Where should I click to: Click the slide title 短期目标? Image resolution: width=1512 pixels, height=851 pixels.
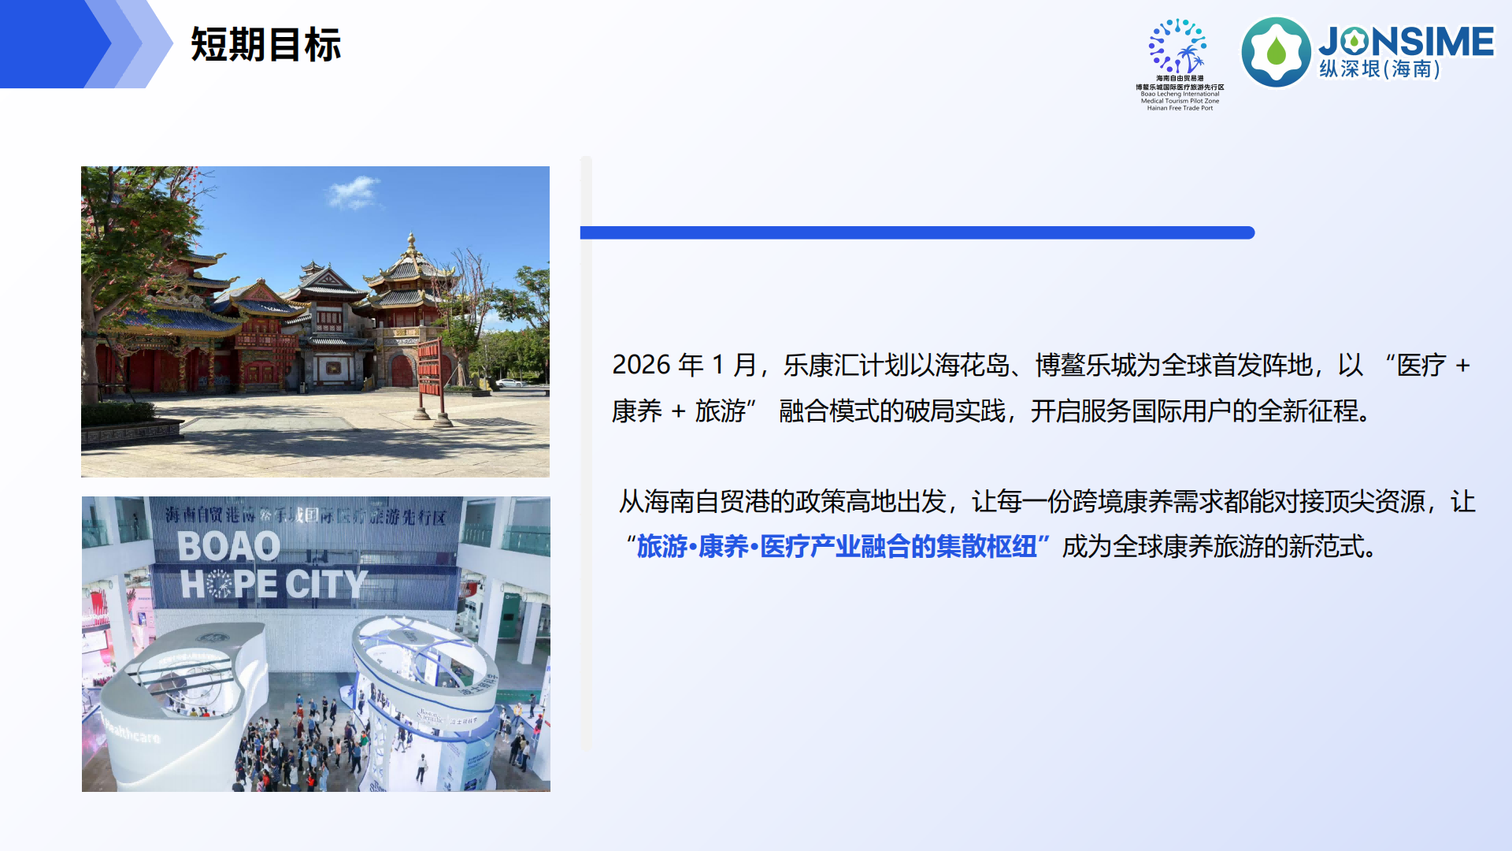[x=265, y=45]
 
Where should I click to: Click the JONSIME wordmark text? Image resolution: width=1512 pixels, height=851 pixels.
[x=1406, y=42]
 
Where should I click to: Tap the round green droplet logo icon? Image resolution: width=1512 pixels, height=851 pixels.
[x=1276, y=52]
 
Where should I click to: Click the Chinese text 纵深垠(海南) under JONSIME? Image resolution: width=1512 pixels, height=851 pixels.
[x=1380, y=69]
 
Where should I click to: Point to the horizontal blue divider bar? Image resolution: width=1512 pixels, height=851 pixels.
[x=917, y=232]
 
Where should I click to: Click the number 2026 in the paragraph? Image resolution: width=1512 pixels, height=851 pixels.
[x=641, y=365]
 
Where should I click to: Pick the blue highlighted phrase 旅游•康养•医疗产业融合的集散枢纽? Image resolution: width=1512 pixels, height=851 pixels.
[x=836, y=546]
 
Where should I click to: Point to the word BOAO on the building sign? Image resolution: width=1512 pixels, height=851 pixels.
[x=228, y=546]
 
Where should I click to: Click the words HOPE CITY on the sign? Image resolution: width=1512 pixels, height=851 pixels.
[x=274, y=584]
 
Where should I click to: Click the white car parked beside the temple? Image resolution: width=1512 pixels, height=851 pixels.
[x=510, y=383]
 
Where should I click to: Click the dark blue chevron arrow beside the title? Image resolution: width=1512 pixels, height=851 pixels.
[x=51, y=44]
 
